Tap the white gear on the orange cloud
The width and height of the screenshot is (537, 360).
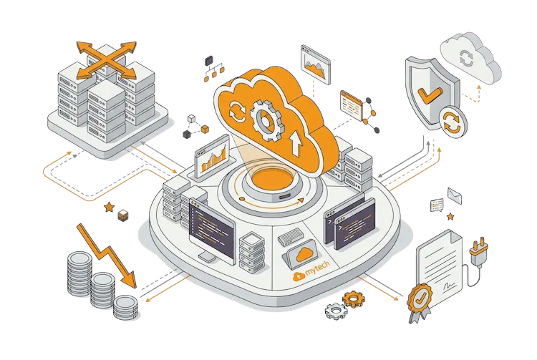(x=267, y=120)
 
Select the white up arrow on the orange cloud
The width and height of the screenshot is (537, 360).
(x=296, y=143)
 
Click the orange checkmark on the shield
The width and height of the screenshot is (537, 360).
(x=430, y=94)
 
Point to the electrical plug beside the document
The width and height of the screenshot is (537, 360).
(x=479, y=251)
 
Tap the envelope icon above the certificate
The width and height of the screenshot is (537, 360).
(x=455, y=195)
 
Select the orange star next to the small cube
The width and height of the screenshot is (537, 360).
(x=109, y=207)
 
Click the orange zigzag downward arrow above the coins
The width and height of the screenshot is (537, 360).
(x=106, y=255)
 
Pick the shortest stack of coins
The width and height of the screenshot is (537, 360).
(x=125, y=307)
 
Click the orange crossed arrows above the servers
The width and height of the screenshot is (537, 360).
(x=107, y=60)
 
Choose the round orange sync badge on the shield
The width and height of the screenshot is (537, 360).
(x=452, y=122)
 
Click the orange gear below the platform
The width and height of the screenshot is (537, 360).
(x=354, y=299)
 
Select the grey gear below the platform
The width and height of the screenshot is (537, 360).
(x=336, y=311)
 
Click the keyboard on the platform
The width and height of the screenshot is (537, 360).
(x=291, y=236)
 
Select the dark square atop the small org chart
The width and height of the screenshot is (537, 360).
(x=208, y=61)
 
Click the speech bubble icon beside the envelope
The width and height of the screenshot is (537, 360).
(x=437, y=205)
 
